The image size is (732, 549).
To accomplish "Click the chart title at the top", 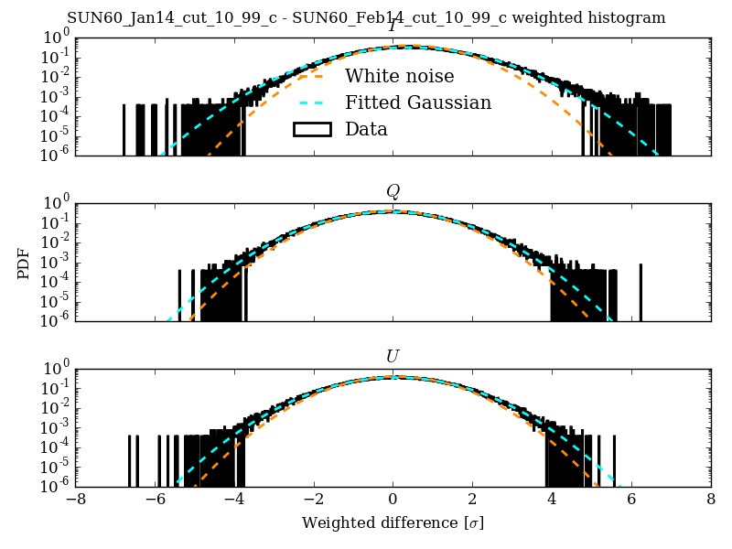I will click(x=366, y=18).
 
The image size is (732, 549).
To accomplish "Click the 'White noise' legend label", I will click(x=399, y=76).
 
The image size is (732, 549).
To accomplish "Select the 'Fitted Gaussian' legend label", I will click(x=418, y=102).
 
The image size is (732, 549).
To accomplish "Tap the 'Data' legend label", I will click(x=366, y=129).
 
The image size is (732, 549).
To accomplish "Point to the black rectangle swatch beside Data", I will click(x=311, y=129).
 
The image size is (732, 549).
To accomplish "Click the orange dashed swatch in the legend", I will click(x=311, y=76).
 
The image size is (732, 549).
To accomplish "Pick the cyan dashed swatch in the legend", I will click(x=311, y=102).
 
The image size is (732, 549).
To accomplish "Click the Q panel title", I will click(x=393, y=191).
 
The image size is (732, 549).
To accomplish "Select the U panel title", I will click(x=393, y=356).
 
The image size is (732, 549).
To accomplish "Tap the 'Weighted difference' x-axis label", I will click(x=393, y=523).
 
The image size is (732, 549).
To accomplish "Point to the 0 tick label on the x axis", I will click(x=393, y=501).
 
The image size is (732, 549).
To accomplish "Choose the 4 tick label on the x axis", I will click(x=552, y=501).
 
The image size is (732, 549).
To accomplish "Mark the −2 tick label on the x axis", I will click(x=313, y=501).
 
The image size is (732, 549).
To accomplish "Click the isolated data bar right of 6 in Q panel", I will click(x=640, y=292).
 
